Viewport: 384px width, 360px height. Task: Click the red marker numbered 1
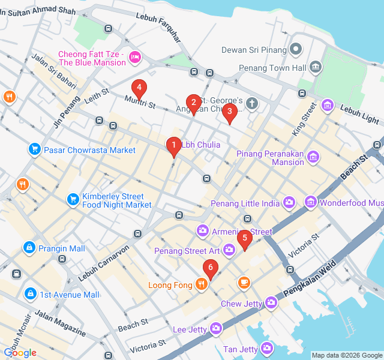pos(173,145)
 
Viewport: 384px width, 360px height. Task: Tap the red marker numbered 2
pos(193,103)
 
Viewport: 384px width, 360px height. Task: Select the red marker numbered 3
pos(229,112)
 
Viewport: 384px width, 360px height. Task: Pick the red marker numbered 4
pos(139,88)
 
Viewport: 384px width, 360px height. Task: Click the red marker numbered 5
pos(244,238)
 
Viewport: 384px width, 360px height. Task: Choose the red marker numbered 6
pos(209,268)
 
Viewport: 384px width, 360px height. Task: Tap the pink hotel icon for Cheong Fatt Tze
pos(135,57)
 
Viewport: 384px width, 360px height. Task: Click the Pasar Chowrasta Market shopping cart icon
pos(34,149)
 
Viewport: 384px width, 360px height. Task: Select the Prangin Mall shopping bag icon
pos(28,247)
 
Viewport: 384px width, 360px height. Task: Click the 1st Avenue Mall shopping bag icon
pos(29,294)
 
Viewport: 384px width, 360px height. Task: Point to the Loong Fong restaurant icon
pos(202,284)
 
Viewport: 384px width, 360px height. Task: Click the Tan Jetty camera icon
pos(266,349)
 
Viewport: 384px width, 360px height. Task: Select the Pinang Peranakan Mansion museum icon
pos(313,158)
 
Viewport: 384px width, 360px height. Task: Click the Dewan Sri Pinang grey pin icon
pos(295,49)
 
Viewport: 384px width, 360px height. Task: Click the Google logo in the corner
pos(20,353)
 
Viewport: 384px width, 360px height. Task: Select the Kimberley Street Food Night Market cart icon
pos(73,199)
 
